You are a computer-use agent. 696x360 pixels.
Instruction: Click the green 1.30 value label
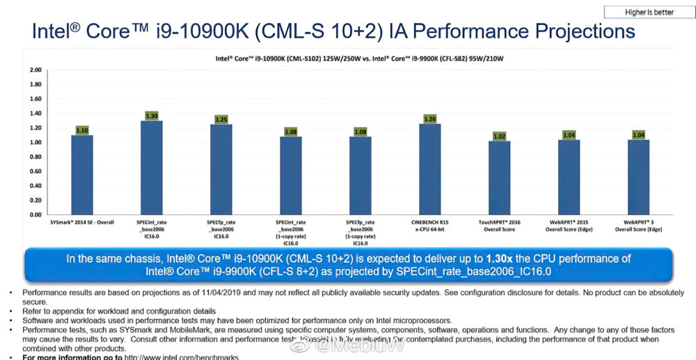pos(152,116)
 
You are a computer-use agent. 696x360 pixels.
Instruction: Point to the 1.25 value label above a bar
pos(221,119)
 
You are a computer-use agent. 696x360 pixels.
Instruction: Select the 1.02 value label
pos(500,136)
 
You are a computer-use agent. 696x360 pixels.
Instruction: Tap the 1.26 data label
pos(430,118)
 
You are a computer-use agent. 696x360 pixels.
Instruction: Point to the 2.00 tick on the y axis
pos(35,70)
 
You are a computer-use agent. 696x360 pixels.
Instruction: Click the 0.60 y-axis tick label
pos(35,171)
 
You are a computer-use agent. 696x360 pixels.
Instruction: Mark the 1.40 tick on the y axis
pos(35,114)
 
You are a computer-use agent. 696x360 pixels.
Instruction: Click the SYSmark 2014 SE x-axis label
pos(81,221)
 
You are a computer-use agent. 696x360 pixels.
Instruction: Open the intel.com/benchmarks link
pos(181,357)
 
